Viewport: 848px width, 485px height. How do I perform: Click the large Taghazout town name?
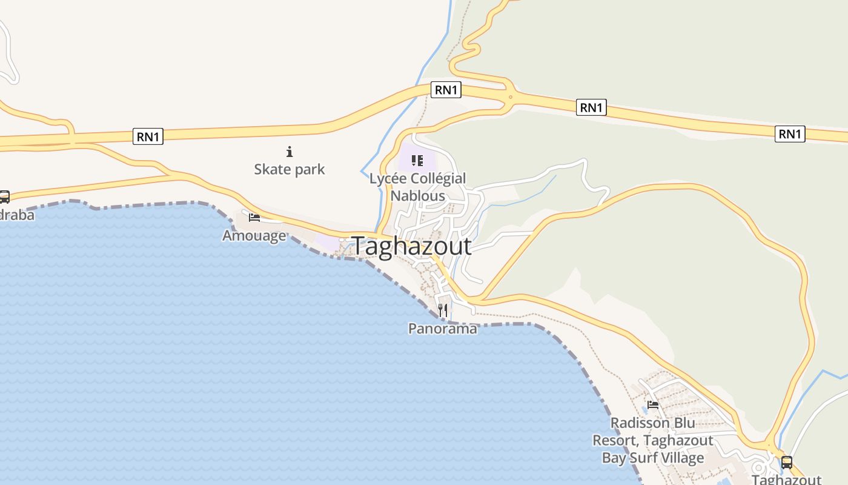tap(412, 246)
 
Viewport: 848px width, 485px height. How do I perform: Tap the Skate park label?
tap(290, 169)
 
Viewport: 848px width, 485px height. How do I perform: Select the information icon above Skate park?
tap(290, 152)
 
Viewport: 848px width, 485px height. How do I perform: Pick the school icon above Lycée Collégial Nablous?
tap(417, 161)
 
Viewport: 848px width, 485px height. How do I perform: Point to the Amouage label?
tap(254, 235)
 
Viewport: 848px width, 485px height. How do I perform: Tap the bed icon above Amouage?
tap(254, 217)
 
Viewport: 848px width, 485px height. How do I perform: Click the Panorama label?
tap(442, 329)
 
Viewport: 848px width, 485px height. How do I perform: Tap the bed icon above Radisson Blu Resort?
tap(653, 404)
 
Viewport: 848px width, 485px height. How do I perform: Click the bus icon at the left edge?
tap(4, 196)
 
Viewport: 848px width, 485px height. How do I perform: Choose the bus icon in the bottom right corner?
tap(786, 463)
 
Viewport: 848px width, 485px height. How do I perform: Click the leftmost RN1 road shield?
tap(148, 136)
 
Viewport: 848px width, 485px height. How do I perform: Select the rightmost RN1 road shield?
tap(790, 133)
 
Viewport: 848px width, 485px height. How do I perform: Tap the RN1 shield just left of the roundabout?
tap(446, 90)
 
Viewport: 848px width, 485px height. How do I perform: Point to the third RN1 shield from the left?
tap(591, 107)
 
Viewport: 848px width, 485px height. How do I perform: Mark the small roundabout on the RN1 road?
tap(511, 96)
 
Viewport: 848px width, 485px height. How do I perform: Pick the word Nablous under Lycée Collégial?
tap(418, 196)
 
